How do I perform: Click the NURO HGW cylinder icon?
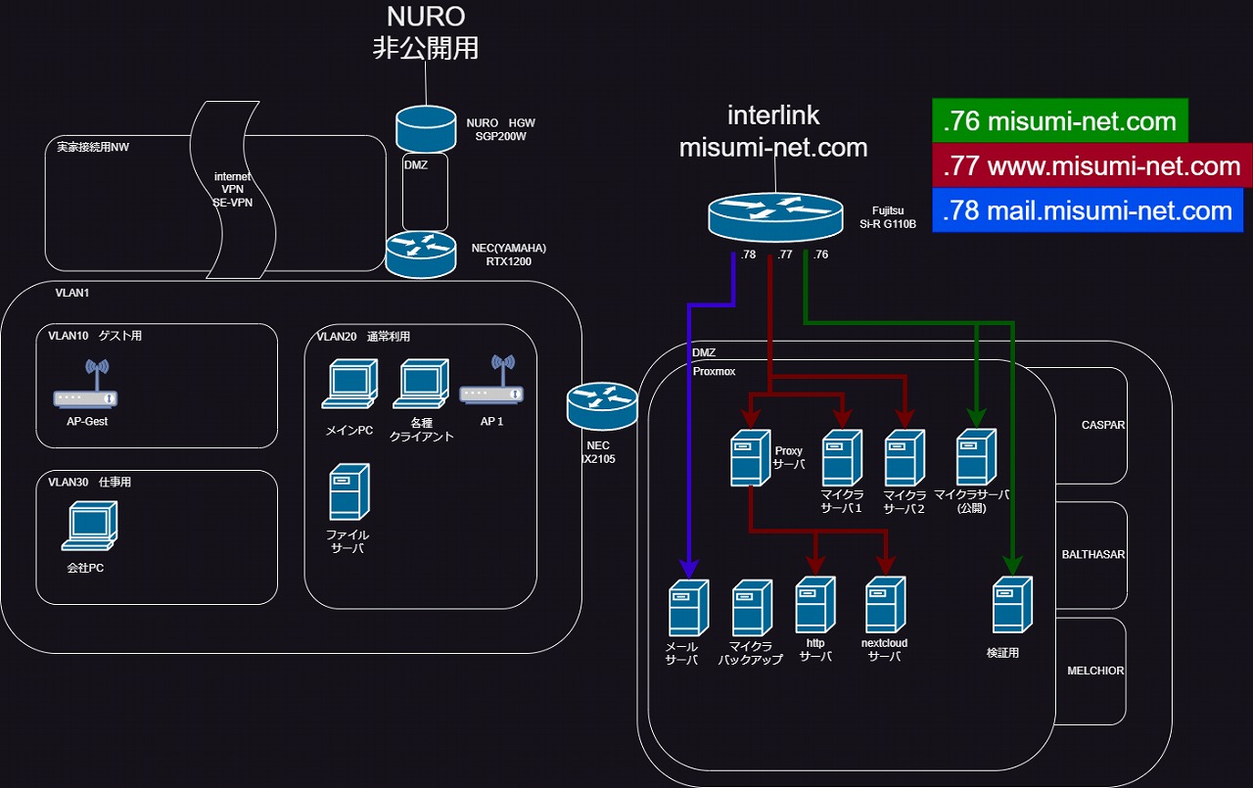pyautogui.click(x=426, y=128)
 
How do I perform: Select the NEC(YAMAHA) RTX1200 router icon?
pyautogui.click(x=421, y=255)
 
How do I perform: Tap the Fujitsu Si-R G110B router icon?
pyautogui.click(x=775, y=217)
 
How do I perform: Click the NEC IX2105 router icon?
pyautogui.click(x=602, y=406)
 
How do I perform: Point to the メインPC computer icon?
pyautogui.click(x=349, y=384)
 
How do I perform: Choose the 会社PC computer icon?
pyautogui.click(x=89, y=526)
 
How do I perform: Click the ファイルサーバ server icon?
pyautogui.click(x=349, y=492)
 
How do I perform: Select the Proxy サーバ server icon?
pyautogui.click(x=751, y=458)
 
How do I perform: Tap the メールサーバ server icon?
pyautogui.click(x=689, y=608)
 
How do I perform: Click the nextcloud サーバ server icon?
pyautogui.click(x=886, y=605)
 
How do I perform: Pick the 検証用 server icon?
pyautogui.click(x=1012, y=605)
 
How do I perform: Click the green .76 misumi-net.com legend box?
pyautogui.click(x=1060, y=120)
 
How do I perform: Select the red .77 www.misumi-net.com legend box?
pyautogui.click(x=1091, y=165)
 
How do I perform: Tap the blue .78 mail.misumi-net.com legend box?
pyautogui.click(x=1088, y=209)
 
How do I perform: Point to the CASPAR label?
pyautogui.click(x=1103, y=425)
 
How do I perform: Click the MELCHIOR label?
pyautogui.click(x=1095, y=671)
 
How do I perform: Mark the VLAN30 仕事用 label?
pyautogui.click(x=89, y=482)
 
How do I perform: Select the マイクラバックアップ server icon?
pyautogui.click(x=753, y=608)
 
